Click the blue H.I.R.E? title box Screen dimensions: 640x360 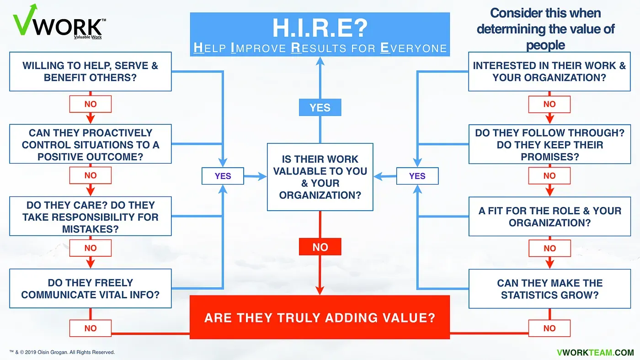[320, 34]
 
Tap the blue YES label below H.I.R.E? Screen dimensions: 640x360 [320, 108]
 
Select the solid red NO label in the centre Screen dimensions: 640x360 [320, 247]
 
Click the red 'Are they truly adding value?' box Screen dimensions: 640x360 [320, 318]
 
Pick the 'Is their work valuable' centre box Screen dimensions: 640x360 [320, 177]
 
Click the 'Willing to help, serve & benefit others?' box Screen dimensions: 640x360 [91, 72]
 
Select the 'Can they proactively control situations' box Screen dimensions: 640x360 [91, 144]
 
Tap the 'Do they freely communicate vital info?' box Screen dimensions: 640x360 [91, 289]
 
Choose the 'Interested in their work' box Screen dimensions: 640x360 [549, 72]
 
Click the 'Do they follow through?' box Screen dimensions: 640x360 [549, 144]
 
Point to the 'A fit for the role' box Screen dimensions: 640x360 [549, 217]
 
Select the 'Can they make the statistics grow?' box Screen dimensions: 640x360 [549, 289]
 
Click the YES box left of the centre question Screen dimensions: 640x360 [223, 176]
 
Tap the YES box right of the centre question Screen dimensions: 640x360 [417, 176]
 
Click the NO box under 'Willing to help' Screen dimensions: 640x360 [91, 104]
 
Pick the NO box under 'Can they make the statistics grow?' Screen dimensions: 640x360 [549, 328]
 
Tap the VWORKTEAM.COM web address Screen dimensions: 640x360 [595, 352]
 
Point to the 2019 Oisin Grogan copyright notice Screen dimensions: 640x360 [62, 352]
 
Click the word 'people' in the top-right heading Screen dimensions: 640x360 [545, 45]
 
